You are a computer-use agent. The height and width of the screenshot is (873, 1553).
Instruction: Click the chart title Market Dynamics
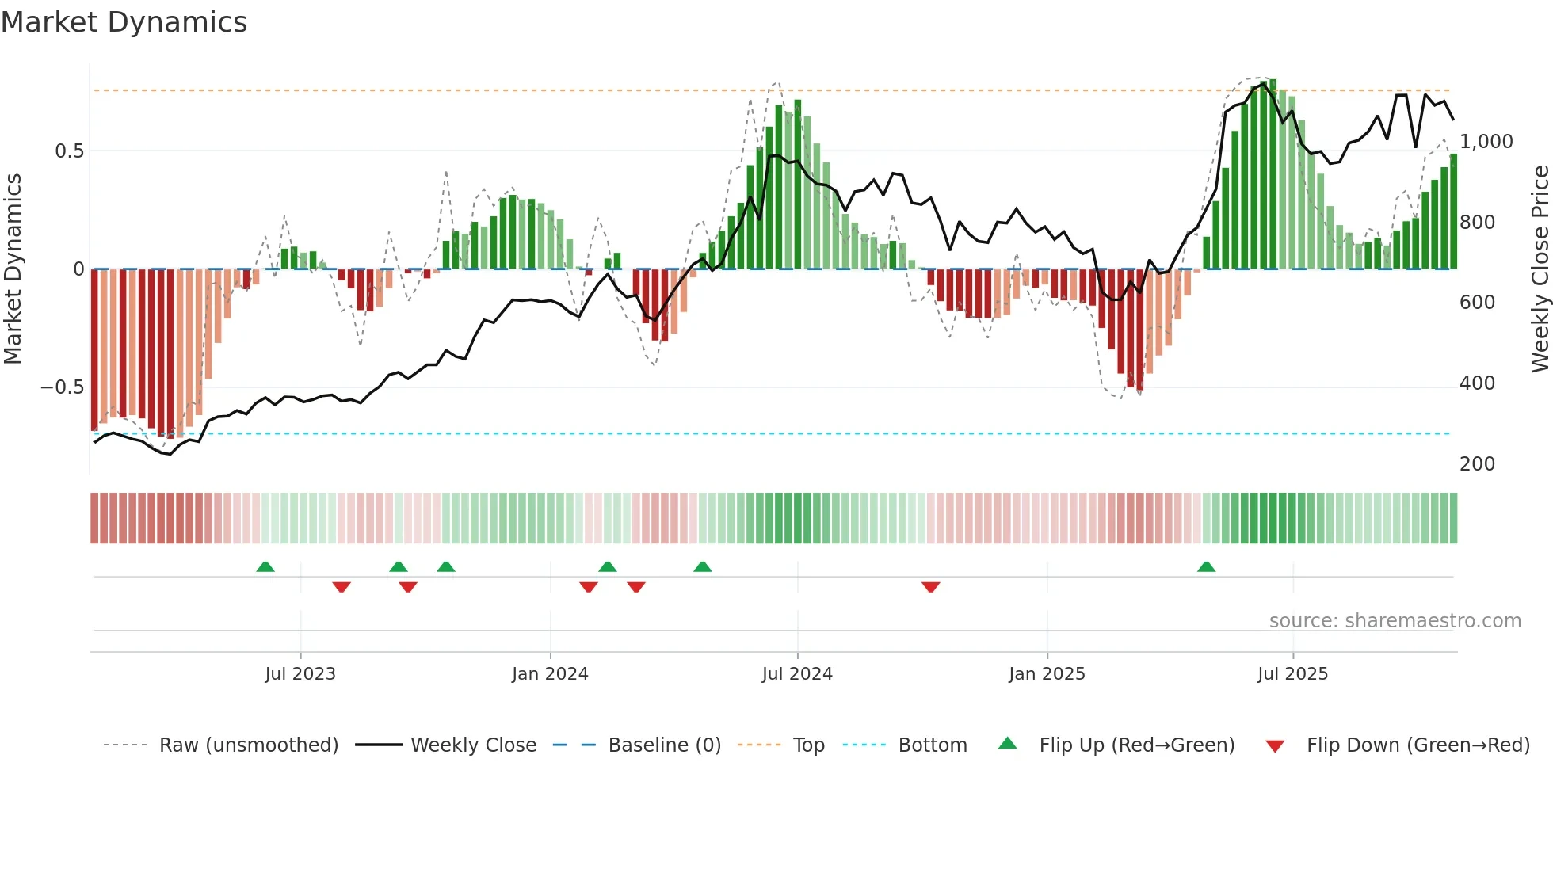pyautogui.click(x=124, y=22)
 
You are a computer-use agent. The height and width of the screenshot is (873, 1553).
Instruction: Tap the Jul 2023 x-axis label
pyautogui.click(x=300, y=674)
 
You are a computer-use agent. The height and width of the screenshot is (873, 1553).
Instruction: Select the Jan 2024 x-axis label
pyautogui.click(x=550, y=674)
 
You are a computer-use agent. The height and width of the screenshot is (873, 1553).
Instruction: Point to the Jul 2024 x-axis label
pyautogui.click(x=797, y=674)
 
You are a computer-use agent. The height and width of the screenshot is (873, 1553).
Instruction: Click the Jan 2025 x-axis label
pyautogui.click(x=1047, y=674)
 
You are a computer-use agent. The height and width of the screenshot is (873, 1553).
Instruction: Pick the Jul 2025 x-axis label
pyautogui.click(x=1292, y=674)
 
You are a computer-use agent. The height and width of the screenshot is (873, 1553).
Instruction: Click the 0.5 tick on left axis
pyautogui.click(x=69, y=151)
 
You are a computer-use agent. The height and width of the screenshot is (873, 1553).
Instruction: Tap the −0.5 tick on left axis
pyautogui.click(x=63, y=387)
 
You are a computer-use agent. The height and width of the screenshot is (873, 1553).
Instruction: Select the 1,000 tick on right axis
pyautogui.click(x=1486, y=142)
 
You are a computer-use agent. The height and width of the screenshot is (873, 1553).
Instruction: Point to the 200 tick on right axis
pyautogui.click(x=1477, y=464)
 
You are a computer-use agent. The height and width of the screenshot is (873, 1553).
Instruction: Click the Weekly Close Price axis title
pyautogui.click(x=1540, y=269)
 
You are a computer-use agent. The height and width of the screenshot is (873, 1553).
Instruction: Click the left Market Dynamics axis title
pyautogui.click(x=13, y=269)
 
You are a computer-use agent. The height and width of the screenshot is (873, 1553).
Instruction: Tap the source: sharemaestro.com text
pyautogui.click(x=1395, y=621)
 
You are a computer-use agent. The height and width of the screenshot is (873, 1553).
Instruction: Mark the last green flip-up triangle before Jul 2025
pyautogui.click(x=1206, y=567)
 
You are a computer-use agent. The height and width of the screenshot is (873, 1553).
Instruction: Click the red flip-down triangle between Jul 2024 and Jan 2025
pyautogui.click(x=931, y=587)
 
